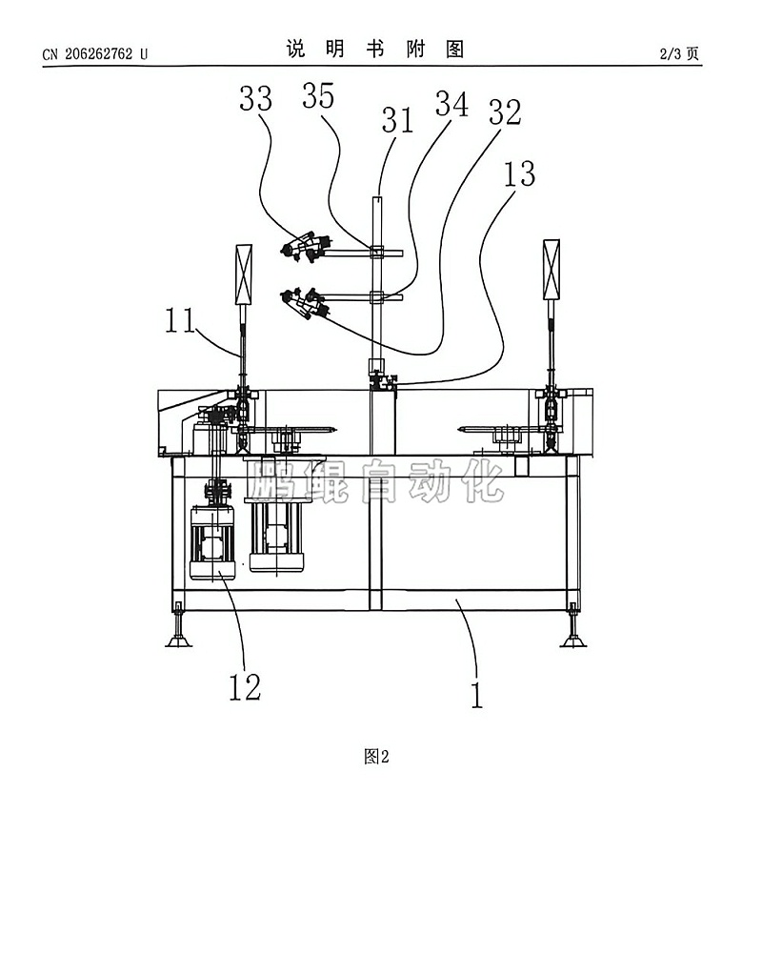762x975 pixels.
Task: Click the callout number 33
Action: (256, 99)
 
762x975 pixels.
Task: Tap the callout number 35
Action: (318, 96)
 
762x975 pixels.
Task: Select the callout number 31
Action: (397, 120)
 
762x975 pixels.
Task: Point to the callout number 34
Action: (451, 104)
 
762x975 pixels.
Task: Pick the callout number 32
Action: (505, 112)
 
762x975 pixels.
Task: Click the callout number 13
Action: (519, 173)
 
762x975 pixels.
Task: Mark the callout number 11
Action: (180, 321)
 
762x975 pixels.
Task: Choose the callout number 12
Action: (244, 687)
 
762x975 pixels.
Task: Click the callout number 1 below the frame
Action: (476, 695)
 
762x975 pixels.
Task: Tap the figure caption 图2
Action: (376, 757)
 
